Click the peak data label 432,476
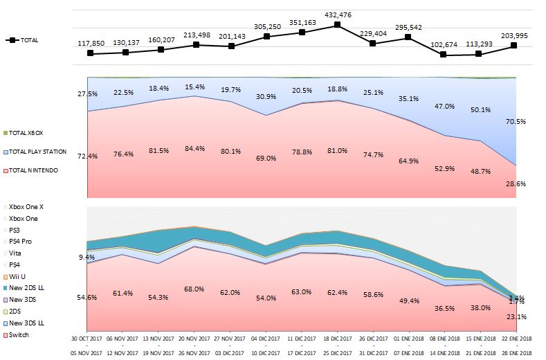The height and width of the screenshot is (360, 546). pyautogui.click(x=337, y=14)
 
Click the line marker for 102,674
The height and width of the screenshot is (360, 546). pyautogui.click(x=444, y=54)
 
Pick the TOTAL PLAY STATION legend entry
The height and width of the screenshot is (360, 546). pyautogui.click(x=36, y=151)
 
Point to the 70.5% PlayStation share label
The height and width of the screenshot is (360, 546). pyautogui.click(x=516, y=122)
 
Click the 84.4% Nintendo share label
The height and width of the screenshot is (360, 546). pyautogui.click(x=196, y=147)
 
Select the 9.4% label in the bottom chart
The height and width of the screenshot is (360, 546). pyautogui.click(x=87, y=257)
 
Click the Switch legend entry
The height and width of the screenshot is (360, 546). pyautogui.click(x=19, y=335)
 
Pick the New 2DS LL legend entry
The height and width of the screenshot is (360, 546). pyautogui.click(x=25, y=288)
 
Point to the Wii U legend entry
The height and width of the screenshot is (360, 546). pyautogui.click(x=19, y=276)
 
